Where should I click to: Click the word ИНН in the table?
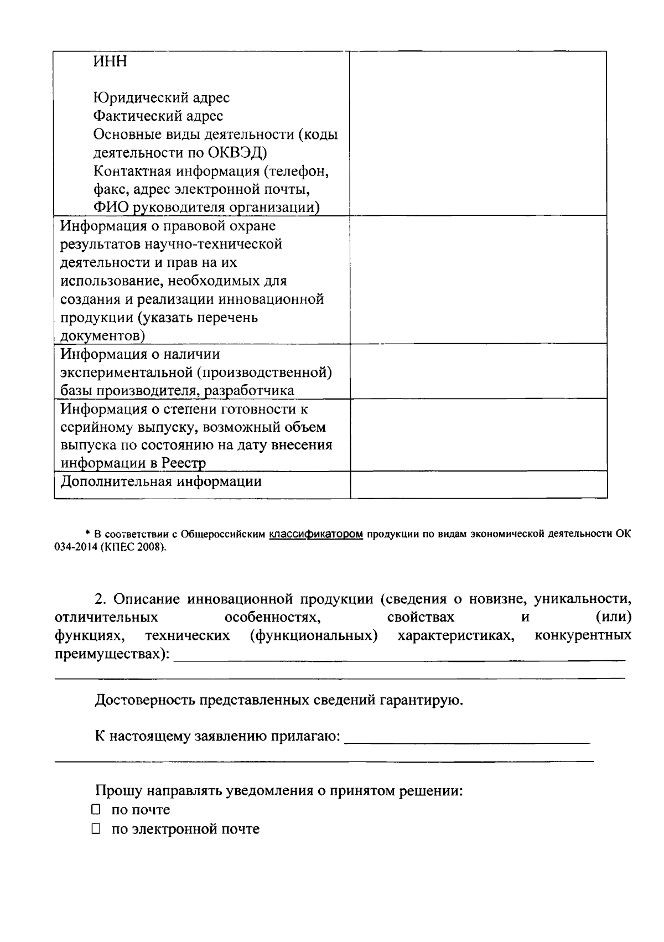tap(110, 61)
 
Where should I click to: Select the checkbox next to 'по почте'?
tap(96, 810)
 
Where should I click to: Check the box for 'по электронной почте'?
tap(96, 829)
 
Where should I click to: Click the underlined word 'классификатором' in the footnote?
tap(317, 534)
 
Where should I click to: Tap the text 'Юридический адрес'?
tap(161, 98)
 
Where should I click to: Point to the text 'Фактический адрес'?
tap(158, 116)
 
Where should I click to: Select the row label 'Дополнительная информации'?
tap(160, 482)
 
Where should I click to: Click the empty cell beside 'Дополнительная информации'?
tap(478, 484)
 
